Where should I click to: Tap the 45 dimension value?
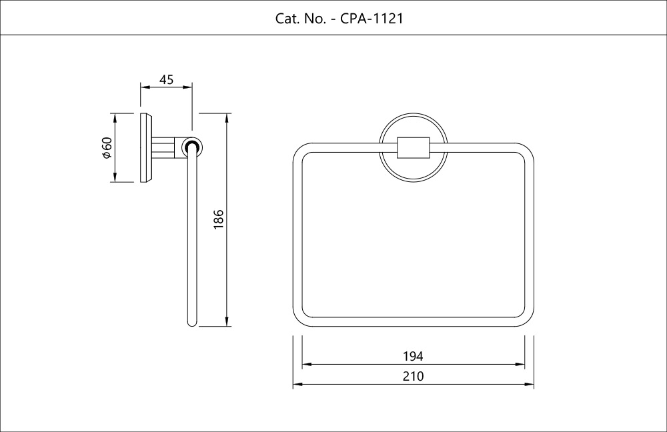166,80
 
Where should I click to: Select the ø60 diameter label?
106,147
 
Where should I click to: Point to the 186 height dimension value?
218,220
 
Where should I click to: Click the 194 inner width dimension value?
413,357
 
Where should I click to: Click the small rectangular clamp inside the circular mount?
413,147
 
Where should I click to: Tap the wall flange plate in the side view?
146,147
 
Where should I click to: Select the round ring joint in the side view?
192,147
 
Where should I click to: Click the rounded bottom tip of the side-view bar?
192,323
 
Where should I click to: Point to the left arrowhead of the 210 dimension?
297,385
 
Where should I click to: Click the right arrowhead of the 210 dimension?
530,385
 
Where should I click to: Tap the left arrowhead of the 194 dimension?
307,365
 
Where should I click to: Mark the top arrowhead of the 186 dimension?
228,117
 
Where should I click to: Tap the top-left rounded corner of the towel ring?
301,151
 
